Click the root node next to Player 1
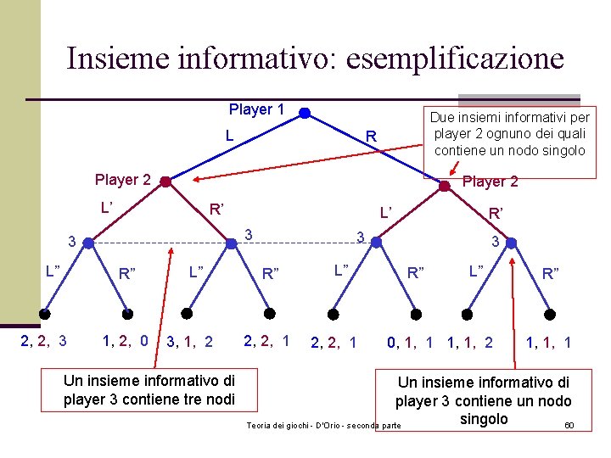305,111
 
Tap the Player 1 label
255,109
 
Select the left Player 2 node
166,182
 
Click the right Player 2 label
490,182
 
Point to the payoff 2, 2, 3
43,342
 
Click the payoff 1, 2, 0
125,341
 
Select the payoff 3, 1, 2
190,343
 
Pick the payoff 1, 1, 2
469,343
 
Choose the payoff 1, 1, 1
548,343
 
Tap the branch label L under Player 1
229,135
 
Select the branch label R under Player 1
370,137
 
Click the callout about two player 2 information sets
509,133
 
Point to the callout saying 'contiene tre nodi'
149,390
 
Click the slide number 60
569,424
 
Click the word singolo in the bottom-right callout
483,419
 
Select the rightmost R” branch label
551,273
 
